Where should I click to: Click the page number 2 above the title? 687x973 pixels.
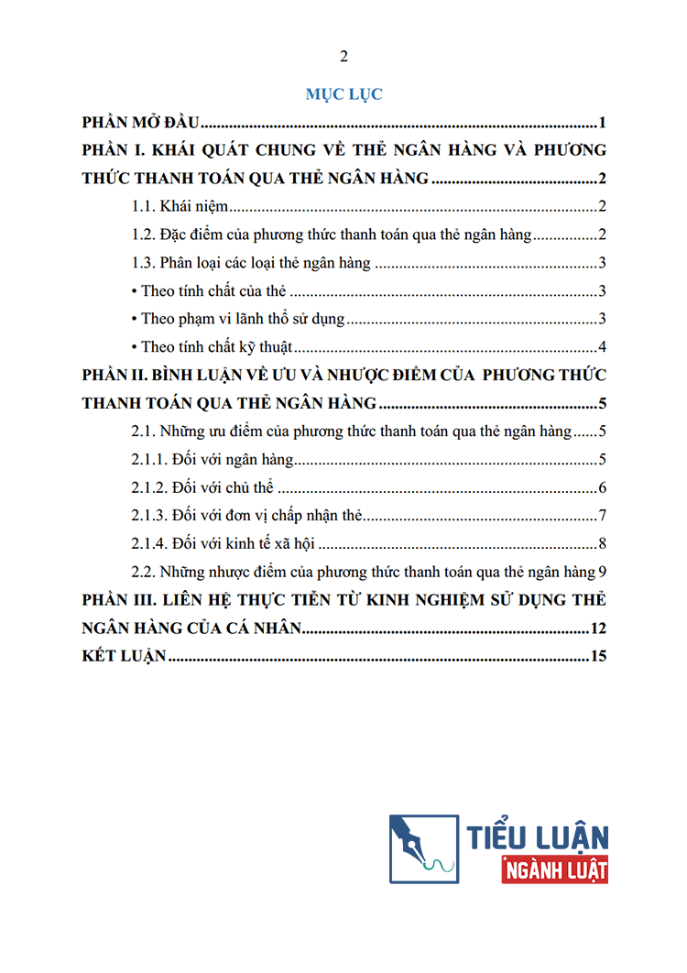click(x=343, y=57)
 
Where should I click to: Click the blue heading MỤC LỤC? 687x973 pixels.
click(x=343, y=93)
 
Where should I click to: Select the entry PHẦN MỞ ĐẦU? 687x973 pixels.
click(x=141, y=123)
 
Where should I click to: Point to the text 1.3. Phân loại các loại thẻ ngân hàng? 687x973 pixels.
click(x=251, y=264)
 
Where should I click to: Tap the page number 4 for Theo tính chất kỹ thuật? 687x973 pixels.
click(x=602, y=347)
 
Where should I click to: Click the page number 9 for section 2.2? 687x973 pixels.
click(x=602, y=572)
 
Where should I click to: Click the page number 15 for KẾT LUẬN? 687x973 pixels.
click(x=599, y=656)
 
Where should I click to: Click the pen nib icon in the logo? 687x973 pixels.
click(x=422, y=848)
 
